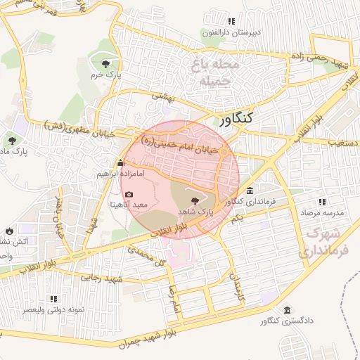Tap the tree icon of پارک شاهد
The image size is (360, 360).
tap(195, 201)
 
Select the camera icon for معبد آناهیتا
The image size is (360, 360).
tap(129, 194)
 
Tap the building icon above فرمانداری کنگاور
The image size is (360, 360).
tap(250, 191)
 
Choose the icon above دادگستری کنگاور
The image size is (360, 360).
tap(287, 310)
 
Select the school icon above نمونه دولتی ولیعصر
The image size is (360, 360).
tap(55, 299)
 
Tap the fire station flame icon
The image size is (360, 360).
tap(8, 231)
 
